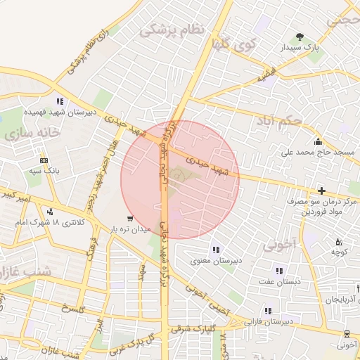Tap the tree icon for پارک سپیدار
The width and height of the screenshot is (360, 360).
pos(301,36)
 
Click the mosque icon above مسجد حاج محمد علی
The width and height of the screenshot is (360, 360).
pos(319,141)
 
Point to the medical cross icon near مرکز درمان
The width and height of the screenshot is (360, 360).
pos(321,191)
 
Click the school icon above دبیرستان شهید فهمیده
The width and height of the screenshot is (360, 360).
pos(60,101)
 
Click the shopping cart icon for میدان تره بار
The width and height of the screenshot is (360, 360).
pos(129,218)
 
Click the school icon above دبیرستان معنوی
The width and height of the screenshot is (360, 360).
pos(215,250)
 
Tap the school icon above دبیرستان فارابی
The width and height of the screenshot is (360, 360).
pos(267,311)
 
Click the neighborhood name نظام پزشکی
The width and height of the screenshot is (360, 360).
pos(172,30)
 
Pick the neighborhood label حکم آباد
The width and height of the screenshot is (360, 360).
pos(281,121)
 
